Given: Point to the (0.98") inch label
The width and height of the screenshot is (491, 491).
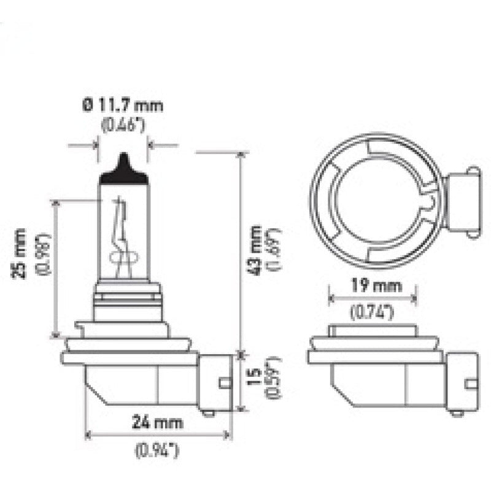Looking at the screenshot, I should [43, 253].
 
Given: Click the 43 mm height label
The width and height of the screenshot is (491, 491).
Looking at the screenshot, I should [256, 249].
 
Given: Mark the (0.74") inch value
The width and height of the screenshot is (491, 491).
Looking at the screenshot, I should [371, 312].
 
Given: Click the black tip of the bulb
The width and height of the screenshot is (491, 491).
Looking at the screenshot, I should [124, 168].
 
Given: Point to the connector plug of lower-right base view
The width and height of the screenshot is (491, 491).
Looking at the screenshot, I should [463, 382].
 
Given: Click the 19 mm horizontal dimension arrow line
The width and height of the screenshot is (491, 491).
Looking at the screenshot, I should [373, 299].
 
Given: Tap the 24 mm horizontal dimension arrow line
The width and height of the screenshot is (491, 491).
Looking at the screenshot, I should [159, 435].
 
